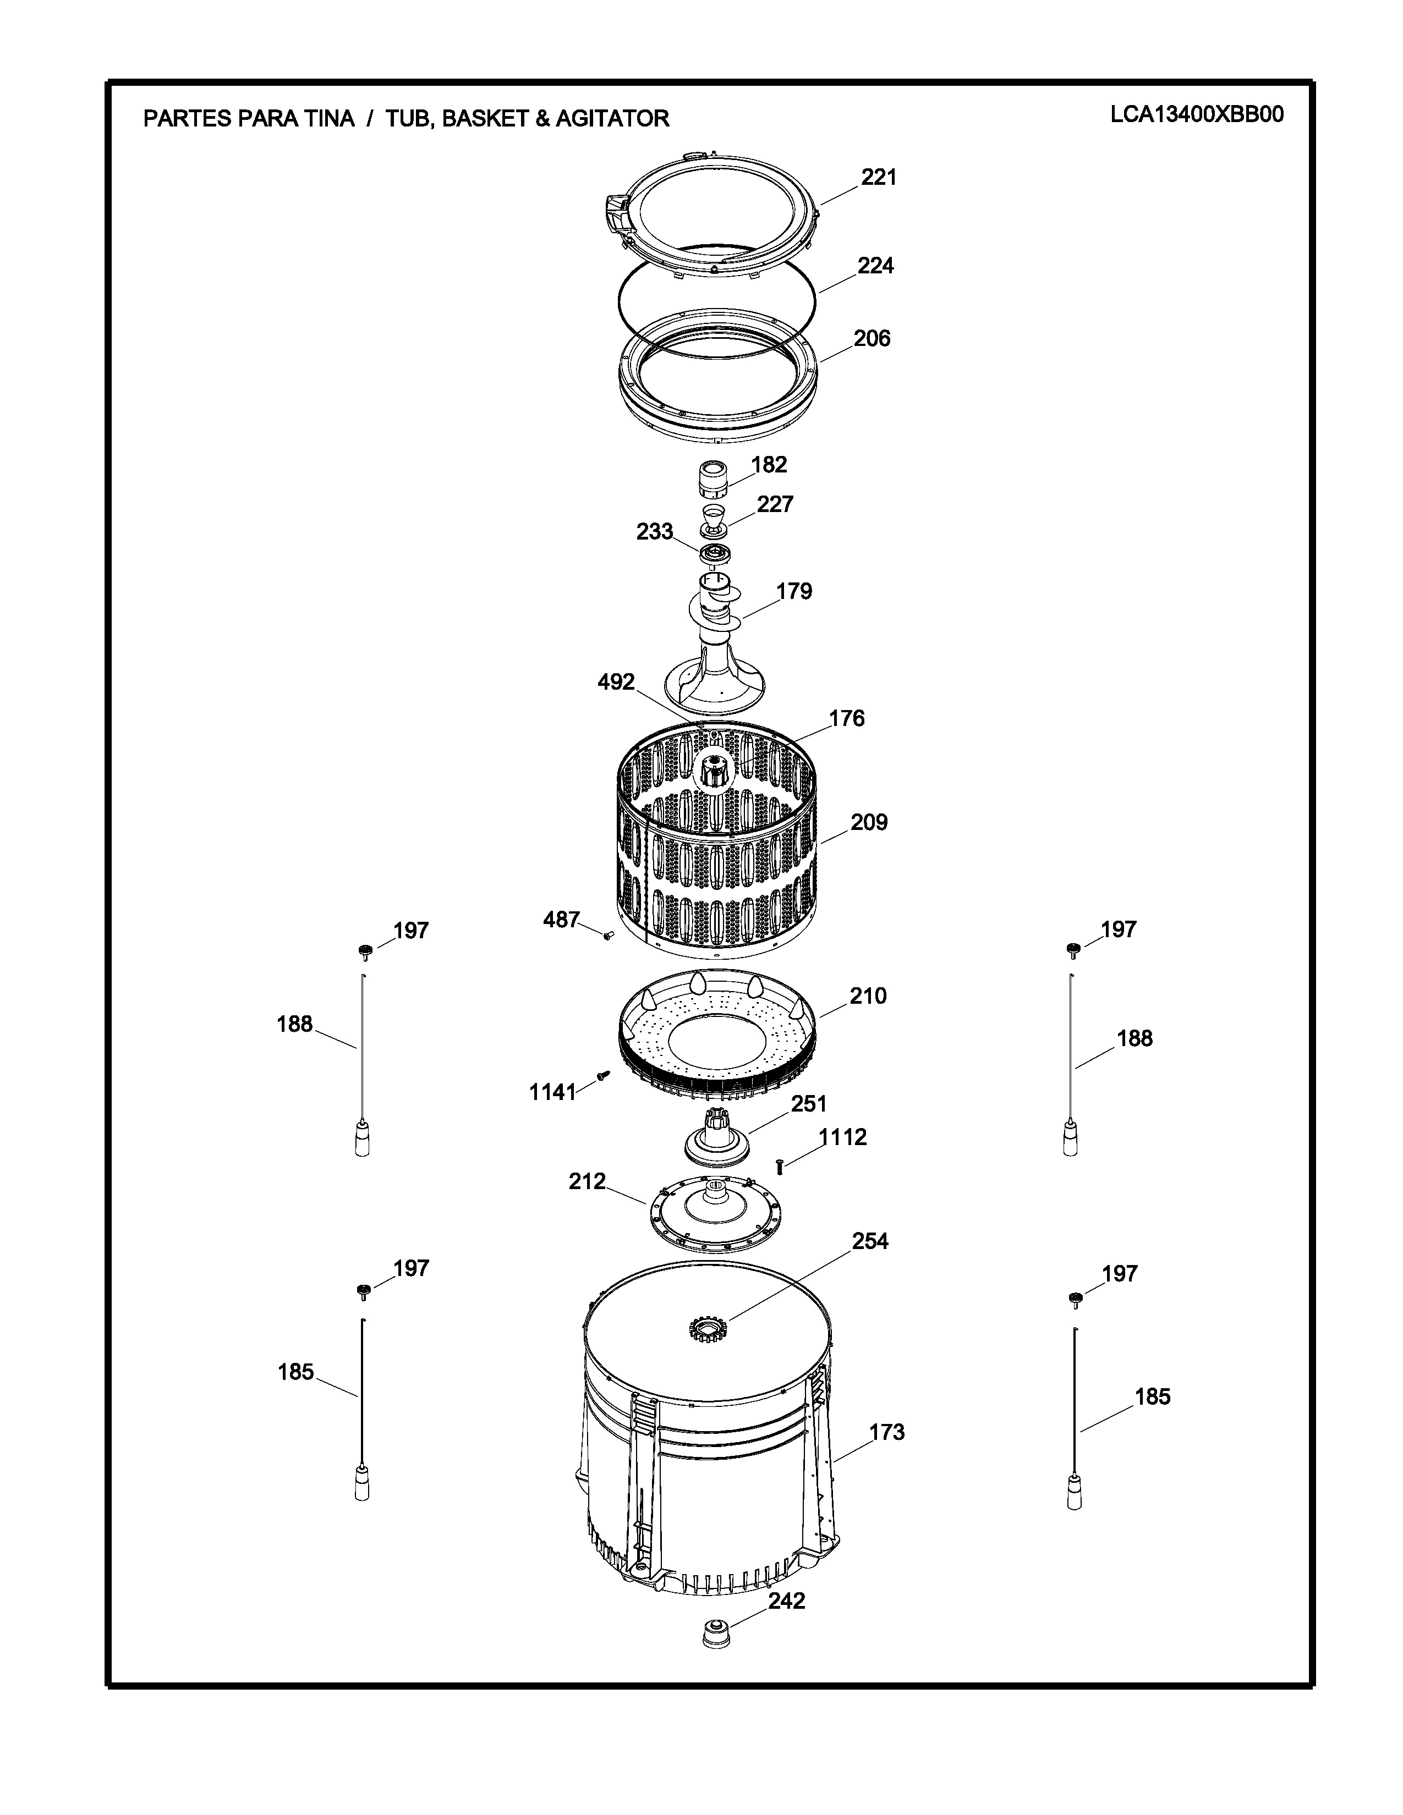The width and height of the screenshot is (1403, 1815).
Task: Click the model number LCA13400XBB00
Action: point(1197,115)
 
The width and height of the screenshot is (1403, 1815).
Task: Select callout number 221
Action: point(879,177)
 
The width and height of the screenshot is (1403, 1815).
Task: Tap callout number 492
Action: point(616,683)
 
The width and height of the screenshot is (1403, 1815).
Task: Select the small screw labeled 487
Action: point(607,935)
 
